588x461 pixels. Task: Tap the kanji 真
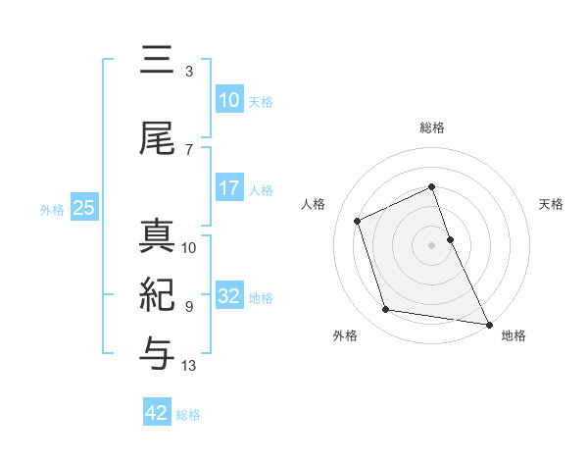(157, 236)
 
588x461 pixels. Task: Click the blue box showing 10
(228, 100)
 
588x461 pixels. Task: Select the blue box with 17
(228, 188)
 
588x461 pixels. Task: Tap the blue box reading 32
(228, 296)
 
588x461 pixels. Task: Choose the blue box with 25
(83, 208)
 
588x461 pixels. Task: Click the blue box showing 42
(157, 413)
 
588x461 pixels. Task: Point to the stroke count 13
(189, 366)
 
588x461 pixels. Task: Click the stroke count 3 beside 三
(189, 72)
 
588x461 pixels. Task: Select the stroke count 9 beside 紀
(189, 307)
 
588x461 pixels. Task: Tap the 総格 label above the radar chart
(432, 128)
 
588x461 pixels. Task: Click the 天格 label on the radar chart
(552, 204)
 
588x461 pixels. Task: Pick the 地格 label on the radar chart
(514, 335)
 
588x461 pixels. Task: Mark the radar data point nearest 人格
(358, 221)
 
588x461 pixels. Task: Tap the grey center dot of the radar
(432, 244)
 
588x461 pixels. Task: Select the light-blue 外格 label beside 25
(52, 209)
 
